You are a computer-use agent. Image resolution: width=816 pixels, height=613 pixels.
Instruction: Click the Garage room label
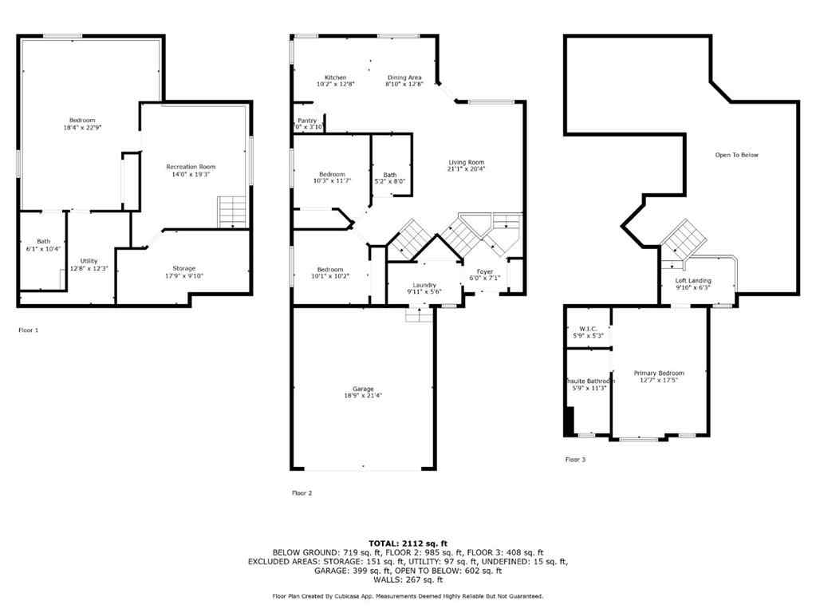(x=363, y=389)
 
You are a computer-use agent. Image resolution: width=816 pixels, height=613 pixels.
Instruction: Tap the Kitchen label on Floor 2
(x=335, y=77)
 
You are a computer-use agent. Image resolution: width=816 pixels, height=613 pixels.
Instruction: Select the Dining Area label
(x=404, y=77)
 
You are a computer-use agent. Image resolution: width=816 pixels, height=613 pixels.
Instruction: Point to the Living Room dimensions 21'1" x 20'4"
(x=467, y=168)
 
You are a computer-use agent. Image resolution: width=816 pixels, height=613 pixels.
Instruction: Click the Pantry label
(x=307, y=121)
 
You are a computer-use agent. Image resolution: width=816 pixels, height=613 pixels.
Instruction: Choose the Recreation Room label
(x=191, y=167)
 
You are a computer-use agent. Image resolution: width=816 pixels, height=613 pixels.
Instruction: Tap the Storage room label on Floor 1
(x=184, y=268)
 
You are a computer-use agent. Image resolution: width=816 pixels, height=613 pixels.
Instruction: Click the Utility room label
(x=89, y=261)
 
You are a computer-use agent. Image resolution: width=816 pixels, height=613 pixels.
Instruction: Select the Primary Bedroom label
(x=659, y=373)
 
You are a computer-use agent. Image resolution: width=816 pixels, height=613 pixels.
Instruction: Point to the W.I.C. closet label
(x=588, y=329)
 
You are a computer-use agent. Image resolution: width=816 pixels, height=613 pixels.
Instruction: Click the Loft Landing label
(x=693, y=281)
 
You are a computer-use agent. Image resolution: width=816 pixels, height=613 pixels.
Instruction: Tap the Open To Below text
(x=736, y=155)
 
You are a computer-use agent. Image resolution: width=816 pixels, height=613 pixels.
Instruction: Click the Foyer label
(x=485, y=271)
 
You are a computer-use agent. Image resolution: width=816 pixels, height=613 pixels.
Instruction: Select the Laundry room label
(x=424, y=285)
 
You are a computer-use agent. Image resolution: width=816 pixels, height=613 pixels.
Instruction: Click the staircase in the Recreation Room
(x=232, y=212)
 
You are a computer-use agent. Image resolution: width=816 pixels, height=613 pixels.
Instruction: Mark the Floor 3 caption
(x=575, y=460)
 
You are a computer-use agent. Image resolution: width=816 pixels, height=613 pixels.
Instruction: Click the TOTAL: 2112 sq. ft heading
(x=408, y=543)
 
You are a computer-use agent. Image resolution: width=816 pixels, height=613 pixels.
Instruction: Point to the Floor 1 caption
(x=28, y=330)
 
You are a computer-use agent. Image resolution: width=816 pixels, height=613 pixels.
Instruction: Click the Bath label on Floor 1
(x=43, y=242)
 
